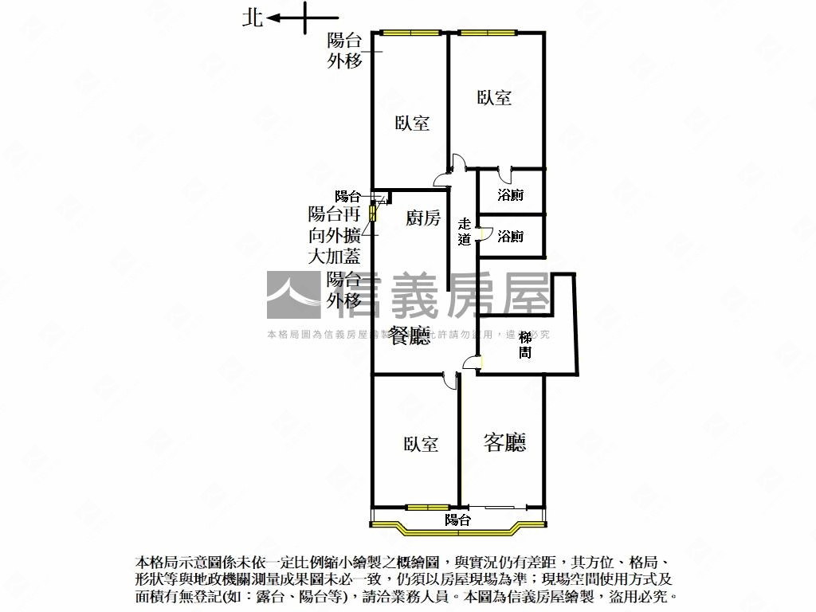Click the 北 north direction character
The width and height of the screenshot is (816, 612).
(253, 18)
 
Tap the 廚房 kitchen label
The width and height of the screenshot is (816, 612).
(423, 218)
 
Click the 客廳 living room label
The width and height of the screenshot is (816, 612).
(505, 442)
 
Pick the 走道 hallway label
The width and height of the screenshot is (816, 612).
(465, 231)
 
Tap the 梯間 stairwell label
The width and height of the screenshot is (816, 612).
(524, 344)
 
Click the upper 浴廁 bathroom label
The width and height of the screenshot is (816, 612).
(510, 194)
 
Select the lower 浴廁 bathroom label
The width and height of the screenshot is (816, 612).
(510, 236)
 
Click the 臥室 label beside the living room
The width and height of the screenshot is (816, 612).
(421, 444)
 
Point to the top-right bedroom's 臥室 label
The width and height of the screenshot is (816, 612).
(494, 97)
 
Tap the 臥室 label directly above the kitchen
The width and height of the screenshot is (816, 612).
(413, 123)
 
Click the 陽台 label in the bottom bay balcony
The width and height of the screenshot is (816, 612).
(457, 520)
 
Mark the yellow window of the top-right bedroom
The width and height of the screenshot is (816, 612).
(486, 33)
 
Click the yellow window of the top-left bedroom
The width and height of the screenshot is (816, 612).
(410, 33)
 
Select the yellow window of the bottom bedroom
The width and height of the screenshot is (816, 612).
(426, 507)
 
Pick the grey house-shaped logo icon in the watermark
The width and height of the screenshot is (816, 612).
(293, 296)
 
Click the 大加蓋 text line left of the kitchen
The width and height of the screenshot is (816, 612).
(335, 256)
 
